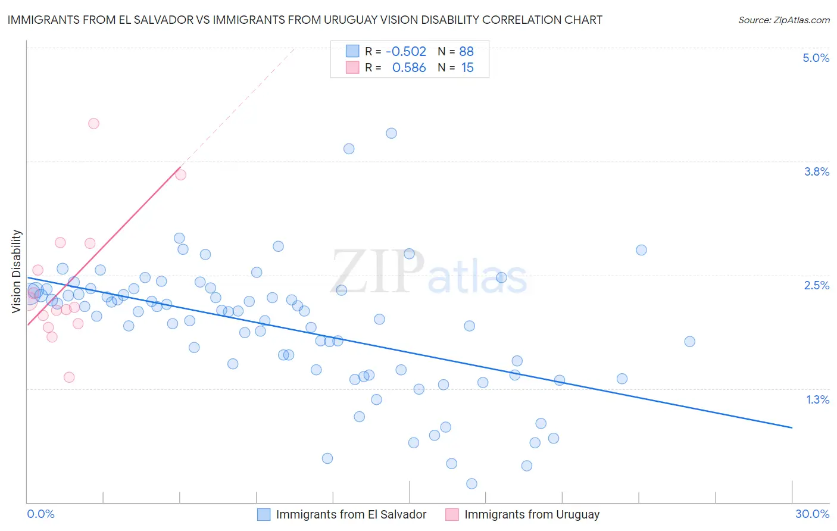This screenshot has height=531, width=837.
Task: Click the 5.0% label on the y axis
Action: click(x=816, y=58)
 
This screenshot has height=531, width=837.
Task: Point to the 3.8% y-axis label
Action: click(x=816, y=171)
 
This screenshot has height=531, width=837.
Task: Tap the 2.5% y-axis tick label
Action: click(x=816, y=285)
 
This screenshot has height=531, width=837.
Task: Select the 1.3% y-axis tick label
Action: click(x=817, y=399)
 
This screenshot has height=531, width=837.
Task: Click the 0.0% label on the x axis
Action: click(x=40, y=514)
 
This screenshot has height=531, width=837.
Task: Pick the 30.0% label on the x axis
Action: click(x=812, y=514)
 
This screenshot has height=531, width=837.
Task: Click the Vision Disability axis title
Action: click(x=17, y=271)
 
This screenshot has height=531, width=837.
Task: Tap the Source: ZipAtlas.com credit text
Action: click(x=783, y=20)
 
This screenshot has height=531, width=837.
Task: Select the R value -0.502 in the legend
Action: click(x=406, y=52)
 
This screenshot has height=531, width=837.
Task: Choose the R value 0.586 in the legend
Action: click(x=409, y=68)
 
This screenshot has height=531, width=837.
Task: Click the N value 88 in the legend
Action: click(x=466, y=52)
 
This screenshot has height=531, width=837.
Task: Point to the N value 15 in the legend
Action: click(x=467, y=68)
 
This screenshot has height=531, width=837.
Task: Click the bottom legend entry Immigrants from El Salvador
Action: click(x=351, y=514)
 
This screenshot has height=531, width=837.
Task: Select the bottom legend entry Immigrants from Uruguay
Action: click(x=531, y=514)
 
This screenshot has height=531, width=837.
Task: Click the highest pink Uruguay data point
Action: click(x=93, y=124)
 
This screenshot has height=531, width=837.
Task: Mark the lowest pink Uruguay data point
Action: click(x=69, y=377)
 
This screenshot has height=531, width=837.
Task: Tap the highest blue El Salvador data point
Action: click(x=391, y=133)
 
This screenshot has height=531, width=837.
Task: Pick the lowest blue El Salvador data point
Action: click(x=471, y=483)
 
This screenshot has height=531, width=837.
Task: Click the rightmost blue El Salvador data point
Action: click(x=689, y=342)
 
